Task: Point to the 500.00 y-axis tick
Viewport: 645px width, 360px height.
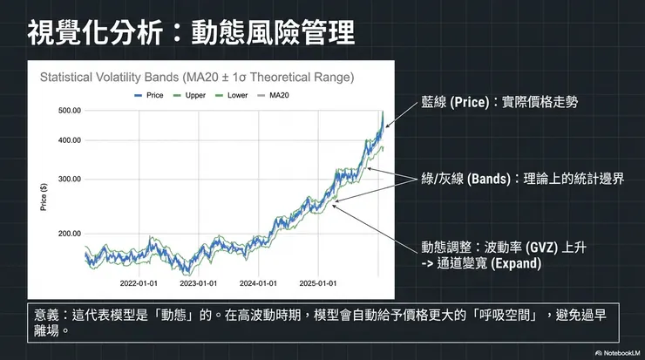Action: point(70,111)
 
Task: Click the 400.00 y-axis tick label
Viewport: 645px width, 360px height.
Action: point(70,140)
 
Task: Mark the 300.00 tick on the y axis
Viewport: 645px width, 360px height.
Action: point(70,179)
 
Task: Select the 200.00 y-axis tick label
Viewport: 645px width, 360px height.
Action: point(70,234)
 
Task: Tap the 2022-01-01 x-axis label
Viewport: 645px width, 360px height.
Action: point(139,282)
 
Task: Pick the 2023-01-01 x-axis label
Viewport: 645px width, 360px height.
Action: point(199,282)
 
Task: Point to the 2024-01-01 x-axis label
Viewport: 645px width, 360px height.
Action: point(258,282)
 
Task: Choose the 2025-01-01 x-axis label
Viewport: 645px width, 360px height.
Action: point(318,282)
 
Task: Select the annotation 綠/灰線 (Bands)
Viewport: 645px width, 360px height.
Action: point(465,178)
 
